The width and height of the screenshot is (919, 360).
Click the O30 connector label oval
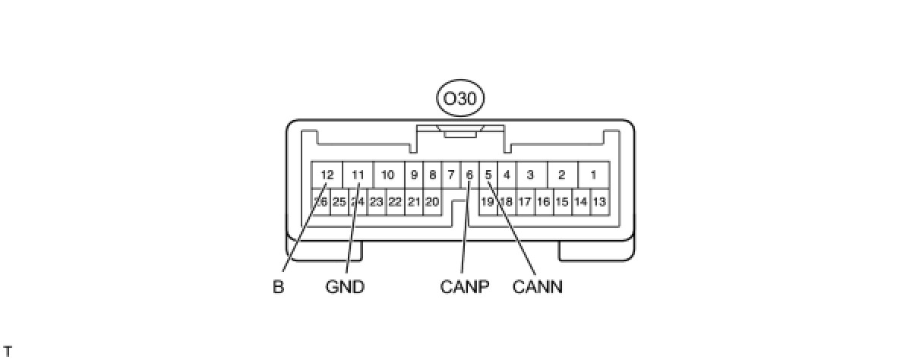[x=459, y=99]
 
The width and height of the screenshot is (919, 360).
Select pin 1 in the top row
[x=593, y=175]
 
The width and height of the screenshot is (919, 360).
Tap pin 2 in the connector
[x=562, y=175]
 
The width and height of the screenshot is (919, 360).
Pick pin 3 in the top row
[x=530, y=175]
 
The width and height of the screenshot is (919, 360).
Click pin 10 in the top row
[x=387, y=175]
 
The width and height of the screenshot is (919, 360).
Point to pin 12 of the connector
[x=327, y=175]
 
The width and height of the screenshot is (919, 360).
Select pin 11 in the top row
[x=358, y=175]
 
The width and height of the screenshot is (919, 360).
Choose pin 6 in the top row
[x=469, y=175]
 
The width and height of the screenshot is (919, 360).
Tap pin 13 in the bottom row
[x=599, y=202]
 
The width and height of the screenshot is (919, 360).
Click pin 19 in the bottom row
[x=488, y=202]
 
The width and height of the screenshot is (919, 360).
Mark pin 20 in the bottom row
[x=432, y=202]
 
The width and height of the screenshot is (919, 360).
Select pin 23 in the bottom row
[x=377, y=202]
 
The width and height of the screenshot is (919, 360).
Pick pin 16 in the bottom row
[x=543, y=202]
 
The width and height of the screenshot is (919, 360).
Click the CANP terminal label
[x=464, y=288]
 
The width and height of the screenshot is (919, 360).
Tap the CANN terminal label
[x=538, y=288]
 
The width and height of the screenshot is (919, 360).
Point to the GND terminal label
[x=345, y=288]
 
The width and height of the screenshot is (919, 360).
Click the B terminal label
[x=278, y=288]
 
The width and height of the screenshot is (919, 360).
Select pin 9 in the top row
[x=414, y=175]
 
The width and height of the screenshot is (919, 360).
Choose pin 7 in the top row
[x=450, y=175]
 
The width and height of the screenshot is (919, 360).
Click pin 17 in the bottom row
[x=525, y=202]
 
